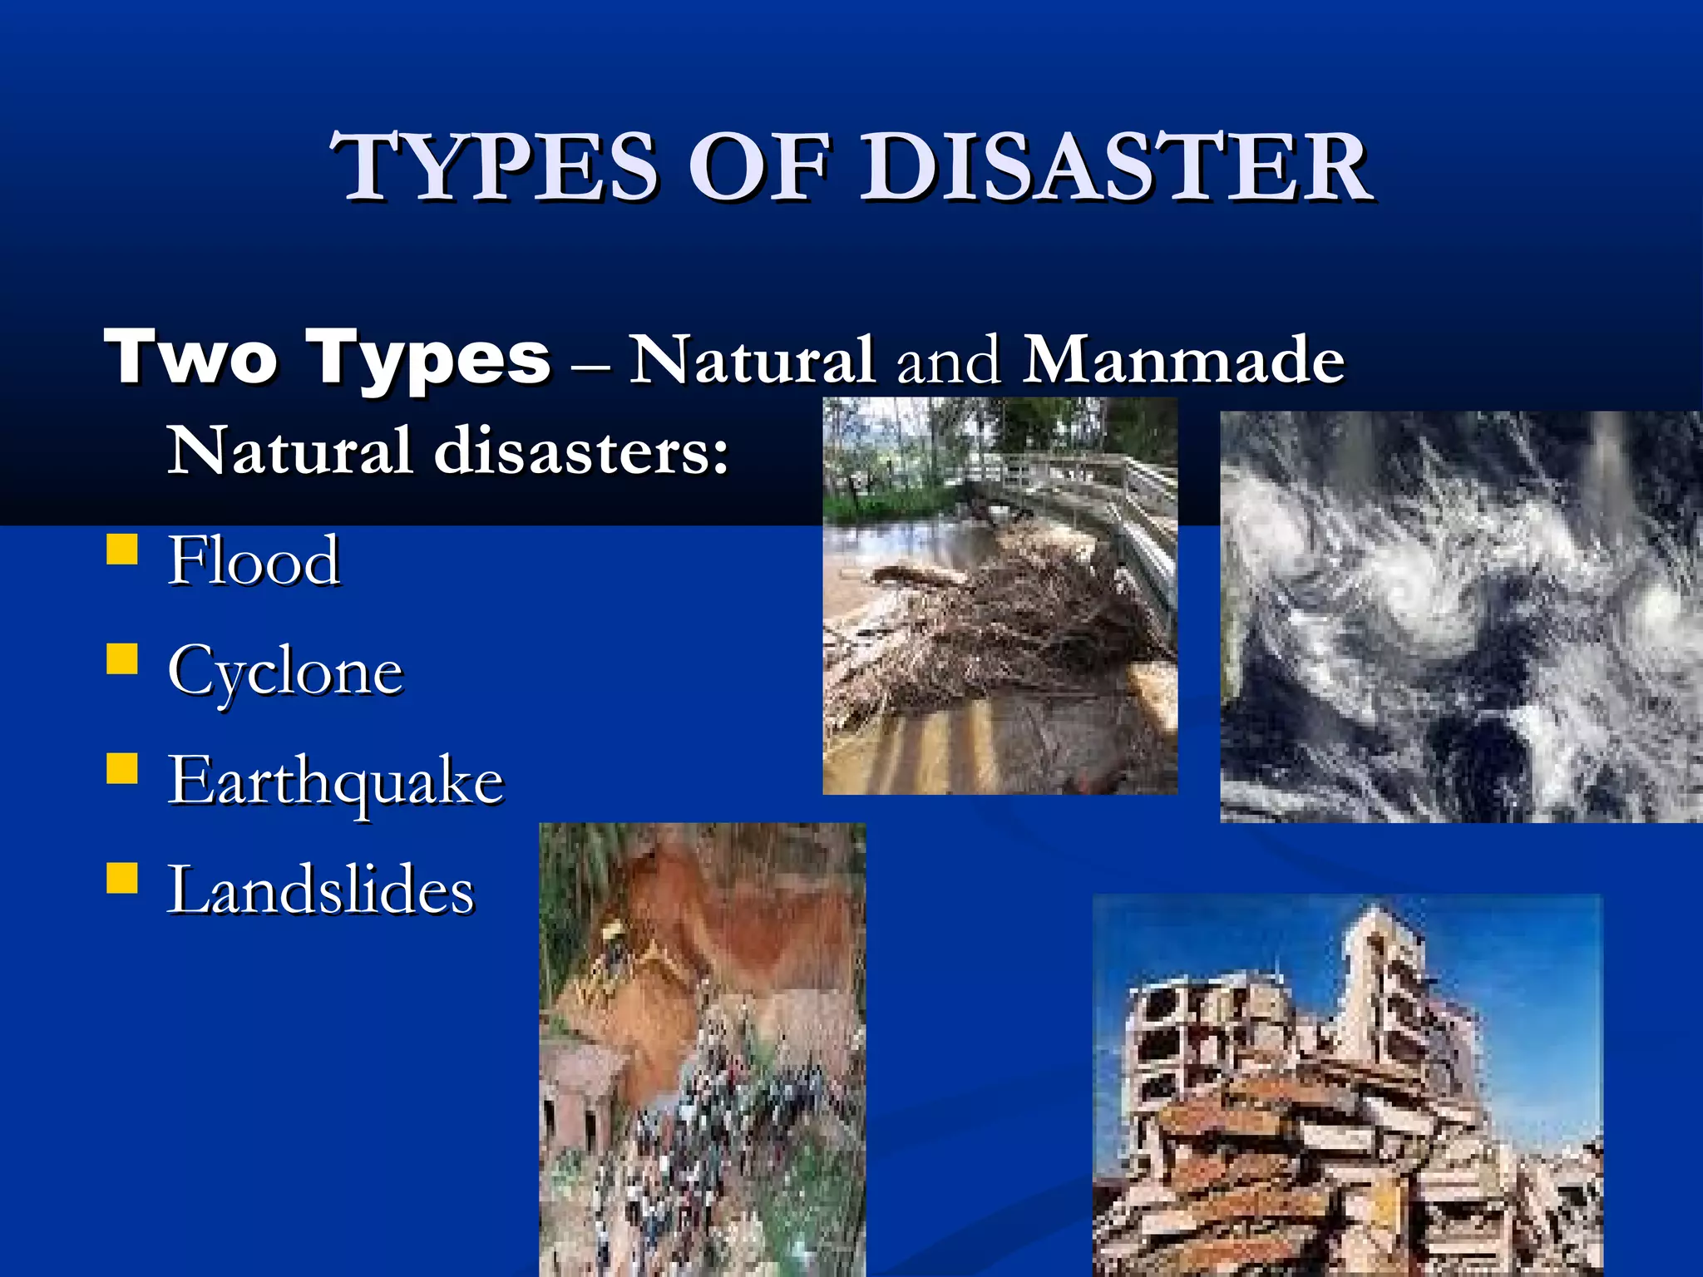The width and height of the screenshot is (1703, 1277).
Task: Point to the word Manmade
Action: click(x=1183, y=360)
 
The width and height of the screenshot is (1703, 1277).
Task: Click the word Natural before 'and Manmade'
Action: click(x=752, y=360)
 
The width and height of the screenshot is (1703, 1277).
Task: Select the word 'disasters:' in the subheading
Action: click(x=581, y=451)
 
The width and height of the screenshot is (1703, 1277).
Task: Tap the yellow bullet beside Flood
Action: click(x=122, y=550)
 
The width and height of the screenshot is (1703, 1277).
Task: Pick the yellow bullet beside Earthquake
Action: click(x=122, y=768)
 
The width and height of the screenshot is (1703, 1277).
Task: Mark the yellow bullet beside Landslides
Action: click(x=122, y=877)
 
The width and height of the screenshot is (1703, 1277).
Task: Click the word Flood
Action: click(x=254, y=561)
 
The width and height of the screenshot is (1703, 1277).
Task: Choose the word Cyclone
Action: click(x=285, y=672)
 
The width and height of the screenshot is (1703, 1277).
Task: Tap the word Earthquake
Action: click(x=336, y=781)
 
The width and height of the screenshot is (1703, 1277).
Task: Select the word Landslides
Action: click(x=321, y=890)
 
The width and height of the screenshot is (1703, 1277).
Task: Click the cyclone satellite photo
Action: click(x=1461, y=617)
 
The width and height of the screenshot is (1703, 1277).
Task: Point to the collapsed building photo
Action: click(x=1347, y=1086)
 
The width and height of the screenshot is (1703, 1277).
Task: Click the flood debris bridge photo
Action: click(x=1000, y=596)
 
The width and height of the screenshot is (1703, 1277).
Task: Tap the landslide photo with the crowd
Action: click(x=703, y=1050)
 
